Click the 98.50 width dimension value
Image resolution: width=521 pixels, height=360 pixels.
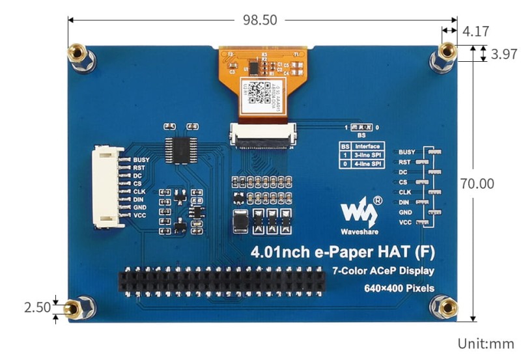(260, 20)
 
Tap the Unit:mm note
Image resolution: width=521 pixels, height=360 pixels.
(486, 343)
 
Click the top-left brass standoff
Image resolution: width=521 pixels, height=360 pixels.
(77, 51)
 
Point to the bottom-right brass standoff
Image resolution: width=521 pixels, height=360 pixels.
(446, 305)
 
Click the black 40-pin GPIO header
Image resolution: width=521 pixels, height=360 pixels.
(221, 281)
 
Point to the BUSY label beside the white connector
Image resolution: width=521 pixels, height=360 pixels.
(141, 159)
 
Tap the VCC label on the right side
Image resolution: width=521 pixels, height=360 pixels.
(405, 223)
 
